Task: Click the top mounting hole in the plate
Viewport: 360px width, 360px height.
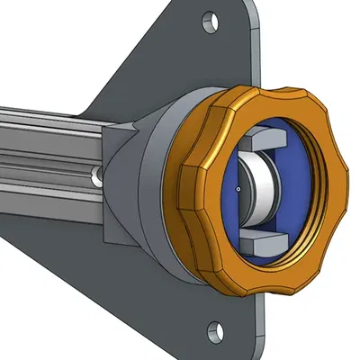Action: [x=209, y=18]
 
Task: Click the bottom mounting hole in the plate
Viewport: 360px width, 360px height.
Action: [x=214, y=329]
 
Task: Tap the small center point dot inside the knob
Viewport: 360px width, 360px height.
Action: [x=236, y=189]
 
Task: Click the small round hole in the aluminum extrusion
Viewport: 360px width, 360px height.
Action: [x=96, y=177]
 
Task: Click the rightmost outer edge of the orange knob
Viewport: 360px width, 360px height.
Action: [x=347, y=193]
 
